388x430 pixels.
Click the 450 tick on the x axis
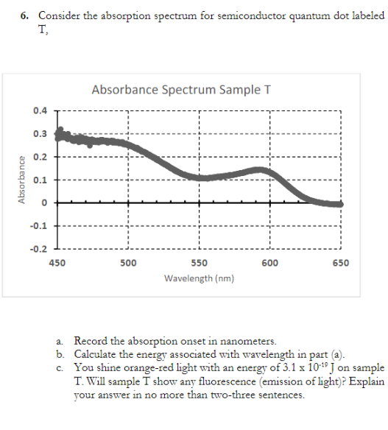[x=56, y=262]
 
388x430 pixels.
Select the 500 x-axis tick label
[x=127, y=262]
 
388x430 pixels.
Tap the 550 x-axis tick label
[x=199, y=262]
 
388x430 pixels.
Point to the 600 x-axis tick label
[x=270, y=262]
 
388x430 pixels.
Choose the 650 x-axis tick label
[x=341, y=262]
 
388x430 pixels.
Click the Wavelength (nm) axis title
[x=199, y=279]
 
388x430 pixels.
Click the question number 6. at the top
[x=25, y=15]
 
